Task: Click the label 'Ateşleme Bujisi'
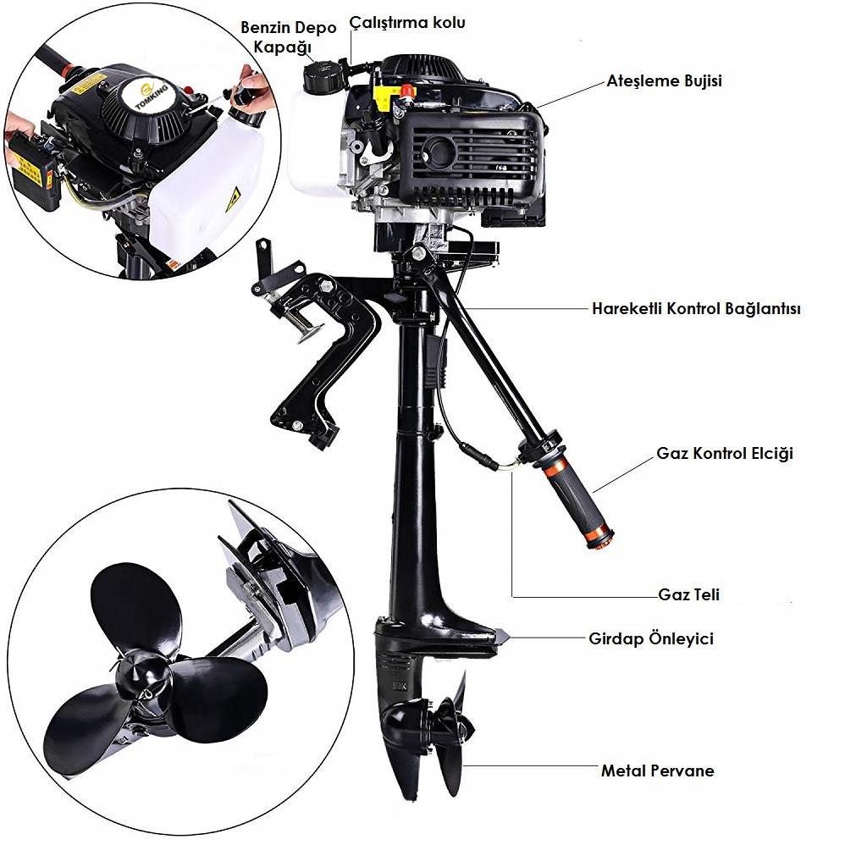(664, 80)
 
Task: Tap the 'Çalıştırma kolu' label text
(407, 23)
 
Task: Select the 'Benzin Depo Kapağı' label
(288, 36)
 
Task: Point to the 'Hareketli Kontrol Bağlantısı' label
(696, 309)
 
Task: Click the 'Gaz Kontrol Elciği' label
(724, 453)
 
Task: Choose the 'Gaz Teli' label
(688, 594)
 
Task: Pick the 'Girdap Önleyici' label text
(650, 638)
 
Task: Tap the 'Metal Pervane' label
(658, 770)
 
